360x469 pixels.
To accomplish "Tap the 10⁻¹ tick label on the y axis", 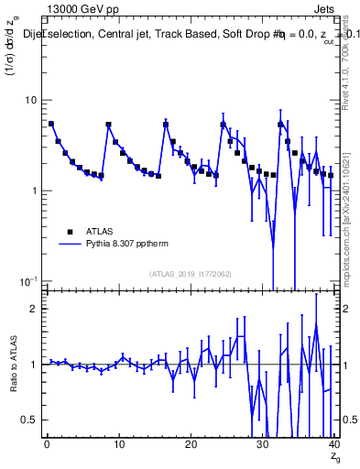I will click(x=27, y=280).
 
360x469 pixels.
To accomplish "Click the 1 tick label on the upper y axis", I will click(x=33, y=191).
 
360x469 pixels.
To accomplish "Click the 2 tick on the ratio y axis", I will click(x=33, y=309).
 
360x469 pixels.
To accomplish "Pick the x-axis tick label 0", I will click(x=47, y=443).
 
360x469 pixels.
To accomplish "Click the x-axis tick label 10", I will click(x=118, y=443).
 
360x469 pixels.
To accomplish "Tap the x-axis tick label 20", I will click(x=191, y=443).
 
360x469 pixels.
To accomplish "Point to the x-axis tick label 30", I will click(x=262, y=443).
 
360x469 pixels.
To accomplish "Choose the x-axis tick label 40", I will click(x=333, y=443).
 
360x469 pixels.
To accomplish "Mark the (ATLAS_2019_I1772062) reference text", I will click(x=190, y=274).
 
